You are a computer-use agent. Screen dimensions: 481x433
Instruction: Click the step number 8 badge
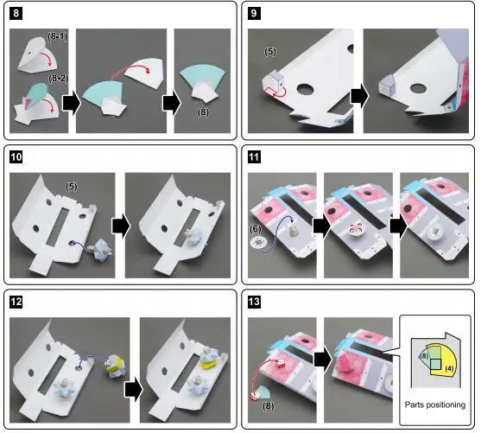(16, 14)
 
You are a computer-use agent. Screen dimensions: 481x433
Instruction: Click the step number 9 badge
(254, 14)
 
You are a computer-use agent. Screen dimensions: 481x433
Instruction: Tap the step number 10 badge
(16, 157)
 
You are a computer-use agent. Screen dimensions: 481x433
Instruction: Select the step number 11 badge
(254, 157)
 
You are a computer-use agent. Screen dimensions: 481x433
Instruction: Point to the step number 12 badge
(16, 302)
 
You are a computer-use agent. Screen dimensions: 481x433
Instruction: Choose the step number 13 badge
(254, 302)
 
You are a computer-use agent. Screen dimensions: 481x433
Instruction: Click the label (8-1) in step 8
(57, 36)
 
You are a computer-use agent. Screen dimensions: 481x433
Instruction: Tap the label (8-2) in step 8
(58, 79)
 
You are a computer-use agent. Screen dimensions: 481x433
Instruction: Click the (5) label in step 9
(270, 52)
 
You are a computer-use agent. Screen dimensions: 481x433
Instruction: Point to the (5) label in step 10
(72, 187)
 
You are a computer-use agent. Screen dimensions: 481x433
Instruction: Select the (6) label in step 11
(256, 229)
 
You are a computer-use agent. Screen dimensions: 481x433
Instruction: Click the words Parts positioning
(435, 404)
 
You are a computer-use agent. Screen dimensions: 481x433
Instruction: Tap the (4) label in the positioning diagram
(449, 367)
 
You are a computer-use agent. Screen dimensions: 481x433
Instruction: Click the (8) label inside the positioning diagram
(423, 356)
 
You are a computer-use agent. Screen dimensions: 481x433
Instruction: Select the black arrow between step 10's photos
(122, 226)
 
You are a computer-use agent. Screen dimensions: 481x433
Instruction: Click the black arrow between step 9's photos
(359, 96)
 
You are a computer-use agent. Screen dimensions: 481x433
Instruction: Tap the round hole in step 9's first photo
(305, 89)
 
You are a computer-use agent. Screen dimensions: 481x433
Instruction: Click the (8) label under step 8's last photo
(203, 112)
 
